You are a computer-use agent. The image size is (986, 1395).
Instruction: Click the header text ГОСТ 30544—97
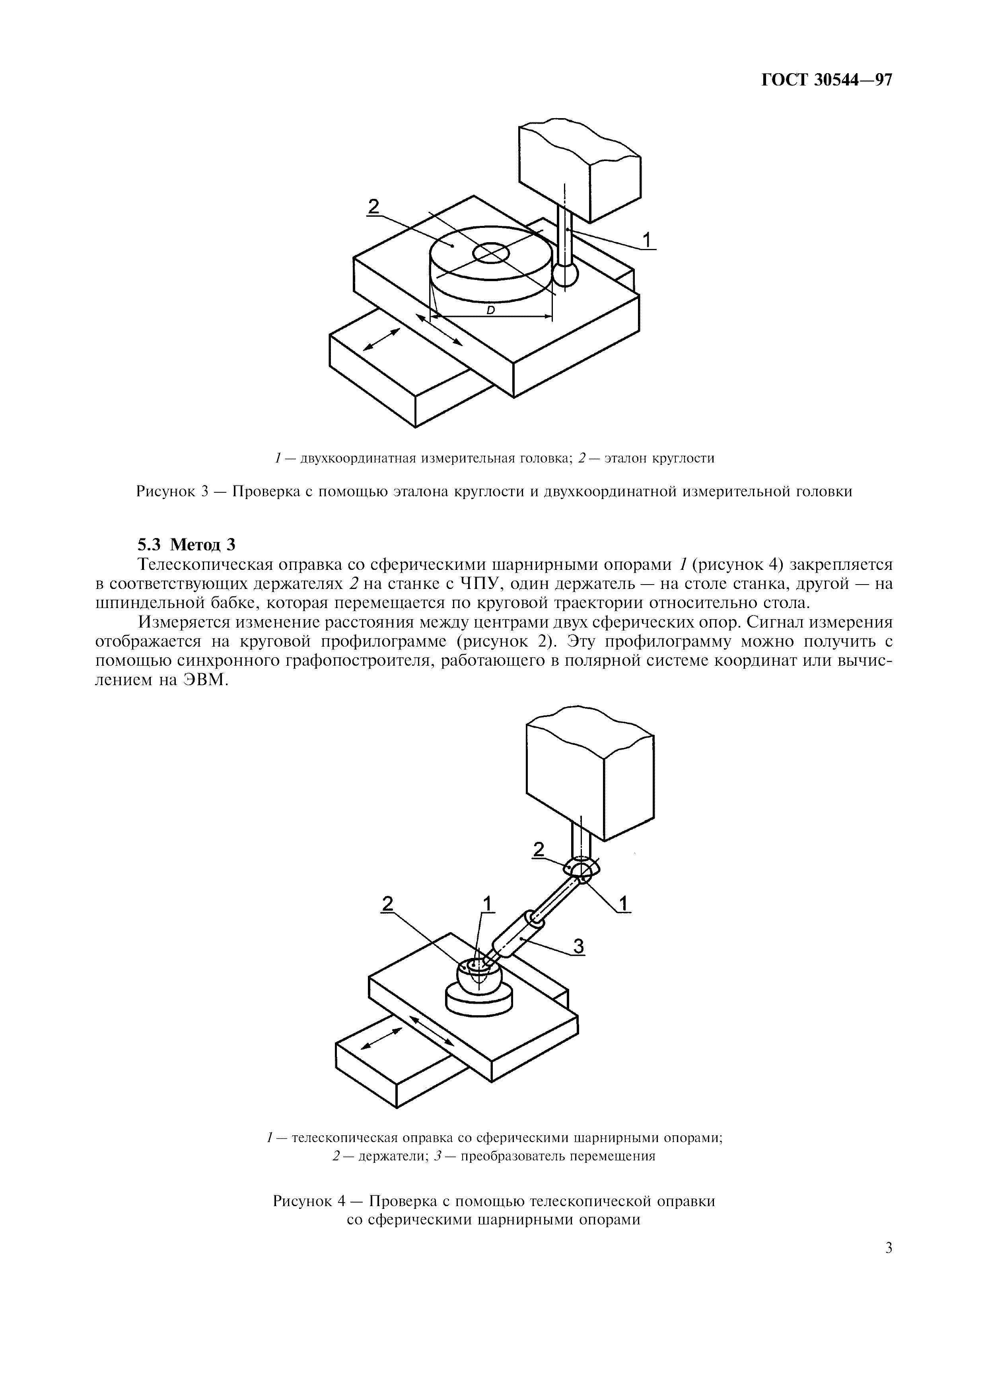point(826,81)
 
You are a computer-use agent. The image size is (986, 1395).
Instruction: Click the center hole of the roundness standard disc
point(490,253)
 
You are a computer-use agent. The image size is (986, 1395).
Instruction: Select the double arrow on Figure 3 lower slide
point(381,340)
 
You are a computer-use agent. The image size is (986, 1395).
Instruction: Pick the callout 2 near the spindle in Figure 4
point(538,850)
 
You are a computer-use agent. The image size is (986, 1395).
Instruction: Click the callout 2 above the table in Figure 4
point(387,903)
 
